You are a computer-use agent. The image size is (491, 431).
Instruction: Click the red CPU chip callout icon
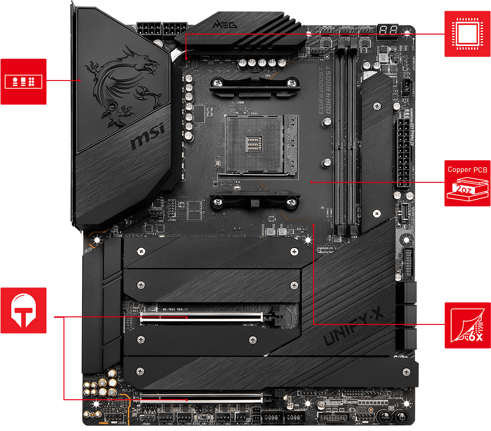tap(468, 34)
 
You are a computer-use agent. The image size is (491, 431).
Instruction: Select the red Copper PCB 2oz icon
tap(468, 183)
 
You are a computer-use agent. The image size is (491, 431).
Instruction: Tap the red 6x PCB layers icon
tap(468, 324)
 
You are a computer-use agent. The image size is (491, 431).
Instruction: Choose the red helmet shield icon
tap(23, 310)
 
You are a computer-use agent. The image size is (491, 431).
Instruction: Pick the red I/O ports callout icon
tap(23, 81)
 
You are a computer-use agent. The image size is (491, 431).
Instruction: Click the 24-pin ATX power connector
tap(402, 154)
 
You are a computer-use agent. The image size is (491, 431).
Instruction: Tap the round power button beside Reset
tap(402, 417)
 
